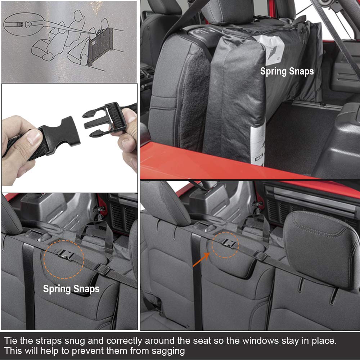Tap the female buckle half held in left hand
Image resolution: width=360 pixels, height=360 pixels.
pyautogui.click(x=60, y=136)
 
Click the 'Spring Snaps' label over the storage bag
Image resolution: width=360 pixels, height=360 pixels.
pyautogui.click(x=287, y=71)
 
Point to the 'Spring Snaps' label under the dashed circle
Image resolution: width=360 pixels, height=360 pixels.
pyautogui.click(x=71, y=289)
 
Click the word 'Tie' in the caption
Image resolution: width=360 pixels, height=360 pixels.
pyautogui.click(x=11, y=341)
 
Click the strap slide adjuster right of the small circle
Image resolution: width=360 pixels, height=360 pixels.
pyautogui.click(x=260, y=256)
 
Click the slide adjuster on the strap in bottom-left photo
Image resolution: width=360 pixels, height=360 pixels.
pyautogui.click(x=102, y=269)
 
